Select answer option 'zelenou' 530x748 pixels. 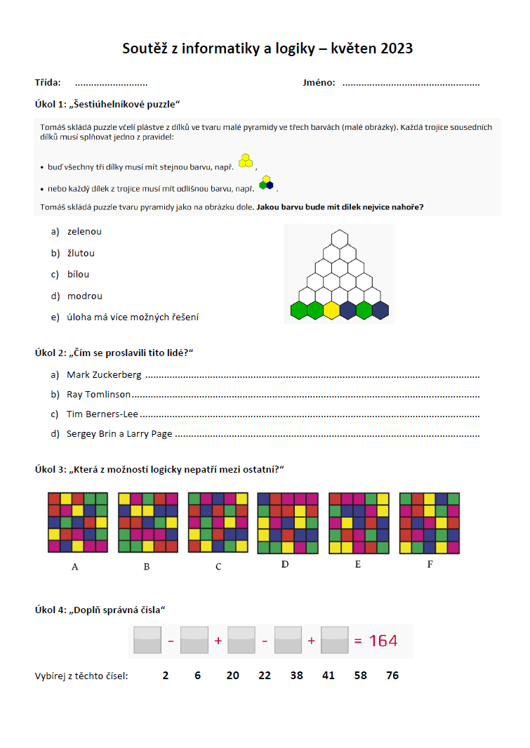(x=84, y=231)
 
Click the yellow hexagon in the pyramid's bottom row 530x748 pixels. (x=331, y=310)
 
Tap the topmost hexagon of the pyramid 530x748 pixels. (x=340, y=239)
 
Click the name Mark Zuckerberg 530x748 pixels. (x=104, y=374)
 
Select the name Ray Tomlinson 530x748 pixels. (x=98, y=394)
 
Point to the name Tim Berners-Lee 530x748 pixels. (x=102, y=414)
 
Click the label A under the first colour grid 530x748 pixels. (x=75, y=566)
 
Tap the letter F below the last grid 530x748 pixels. (x=430, y=563)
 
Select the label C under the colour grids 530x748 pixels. (x=218, y=566)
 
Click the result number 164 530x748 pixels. (x=383, y=641)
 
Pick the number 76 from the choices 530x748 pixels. (x=392, y=676)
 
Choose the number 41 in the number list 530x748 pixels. (x=329, y=676)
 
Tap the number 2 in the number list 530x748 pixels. (x=165, y=676)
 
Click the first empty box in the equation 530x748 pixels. (x=147, y=641)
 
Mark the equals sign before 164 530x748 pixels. (x=357, y=641)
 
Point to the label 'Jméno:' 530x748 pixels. (x=319, y=83)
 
